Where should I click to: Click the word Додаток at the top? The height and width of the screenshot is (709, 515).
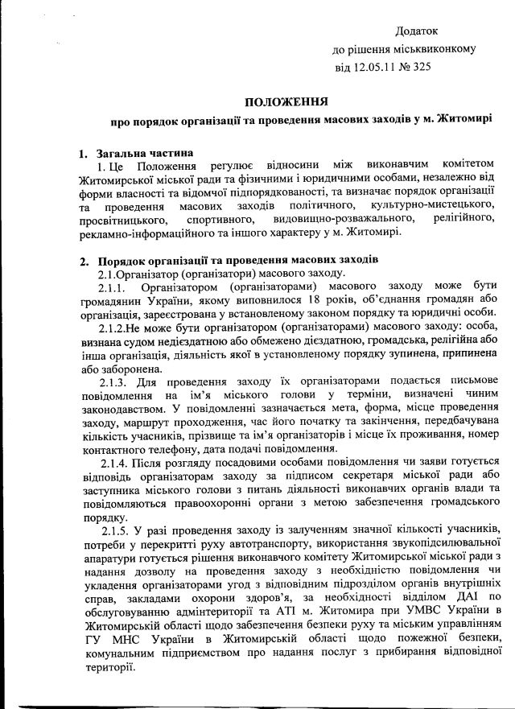pyautogui.click(x=416, y=31)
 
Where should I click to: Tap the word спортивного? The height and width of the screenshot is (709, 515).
pyautogui.click(x=216, y=219)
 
